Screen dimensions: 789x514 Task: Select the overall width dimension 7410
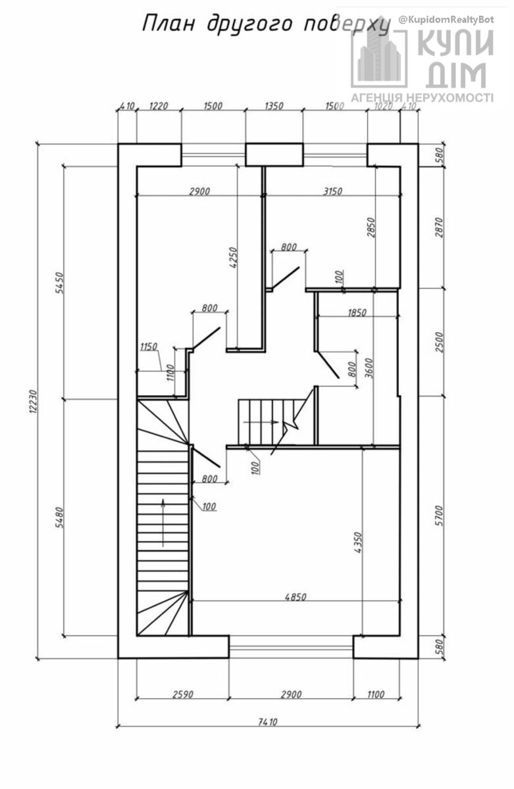(268, 721)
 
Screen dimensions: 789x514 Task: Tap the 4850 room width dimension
(296, 598)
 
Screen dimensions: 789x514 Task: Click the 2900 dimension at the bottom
(290, 694)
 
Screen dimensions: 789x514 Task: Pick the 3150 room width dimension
(332, 191)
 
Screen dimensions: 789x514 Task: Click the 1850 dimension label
(357, 313)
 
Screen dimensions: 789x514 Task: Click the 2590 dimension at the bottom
(182, 694)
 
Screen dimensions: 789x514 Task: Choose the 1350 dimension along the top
(273, 107)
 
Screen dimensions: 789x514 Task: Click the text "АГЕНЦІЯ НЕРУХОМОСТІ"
(422, 98)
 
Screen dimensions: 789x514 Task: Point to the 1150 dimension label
(149, 347)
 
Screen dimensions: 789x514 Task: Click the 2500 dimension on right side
(440, 342)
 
